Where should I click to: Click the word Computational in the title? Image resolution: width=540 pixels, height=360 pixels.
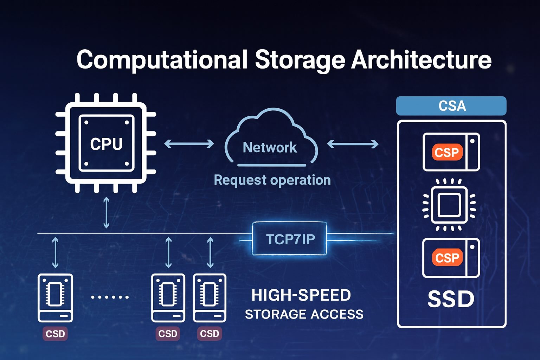pyautogui.click(x=162, y=59)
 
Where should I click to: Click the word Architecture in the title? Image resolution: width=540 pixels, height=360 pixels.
pyautogui.click(x=421, y=59)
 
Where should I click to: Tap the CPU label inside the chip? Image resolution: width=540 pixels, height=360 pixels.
pyautogui.click(x=106, y=144)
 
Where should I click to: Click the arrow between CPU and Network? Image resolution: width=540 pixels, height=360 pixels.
pyautogui.click(x=189, y=143)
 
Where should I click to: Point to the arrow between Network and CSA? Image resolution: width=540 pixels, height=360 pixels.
pyautogui.click(x=353, y=144)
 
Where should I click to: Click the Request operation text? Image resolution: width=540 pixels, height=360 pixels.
pyautogui.click(x=272, y=180)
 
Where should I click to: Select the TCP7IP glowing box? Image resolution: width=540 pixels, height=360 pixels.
pyautogui.click(x=289, y=239)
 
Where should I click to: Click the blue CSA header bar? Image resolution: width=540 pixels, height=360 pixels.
pyautogui.click(x=451, y=106)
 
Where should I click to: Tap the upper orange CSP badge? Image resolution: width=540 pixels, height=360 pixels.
pyautogui.click(x=447, y=152)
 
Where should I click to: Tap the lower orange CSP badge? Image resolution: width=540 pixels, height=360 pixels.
pyautogui.click(x=447, y=258)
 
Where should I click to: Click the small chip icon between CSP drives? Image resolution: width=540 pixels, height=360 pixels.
pyautogui.click(x=449, y=205)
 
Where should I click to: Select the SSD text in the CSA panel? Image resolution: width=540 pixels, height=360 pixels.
pyautogui.click(x=451, y=299)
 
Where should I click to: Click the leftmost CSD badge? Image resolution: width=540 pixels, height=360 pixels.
pyautogui.click(x=55, y=334)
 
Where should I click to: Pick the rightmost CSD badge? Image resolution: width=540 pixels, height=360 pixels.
pyautogui.click(x=210, y=334)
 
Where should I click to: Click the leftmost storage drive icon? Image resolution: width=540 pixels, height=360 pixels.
pyautogui.click(x=55, y=298)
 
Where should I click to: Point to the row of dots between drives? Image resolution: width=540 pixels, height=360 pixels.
pyautogui.click(x=110, y=297)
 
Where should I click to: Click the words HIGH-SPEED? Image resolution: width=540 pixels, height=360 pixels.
pyautogui.click(x=301, y=295)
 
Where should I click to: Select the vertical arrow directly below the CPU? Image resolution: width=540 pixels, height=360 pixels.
pyautogui.click(x=106, y=213)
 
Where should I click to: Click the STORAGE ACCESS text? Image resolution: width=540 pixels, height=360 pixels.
pyautogui.click(x=304, y=314)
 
